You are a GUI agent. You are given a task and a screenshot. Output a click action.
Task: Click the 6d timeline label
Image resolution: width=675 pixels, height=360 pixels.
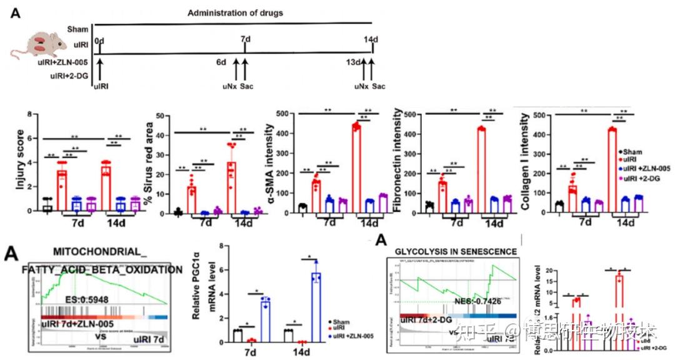(x=221, y=62)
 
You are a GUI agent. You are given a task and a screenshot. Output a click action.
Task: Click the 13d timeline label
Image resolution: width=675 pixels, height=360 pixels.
(x=354, y=62)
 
